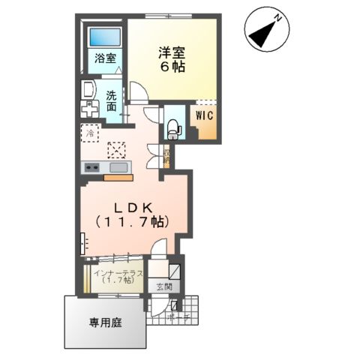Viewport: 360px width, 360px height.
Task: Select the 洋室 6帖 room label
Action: [172, 59]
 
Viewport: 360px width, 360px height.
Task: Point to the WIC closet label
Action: [206, 115]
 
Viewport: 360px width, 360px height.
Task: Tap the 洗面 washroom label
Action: [111, 101]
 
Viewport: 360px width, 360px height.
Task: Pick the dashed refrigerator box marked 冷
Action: [89, 134]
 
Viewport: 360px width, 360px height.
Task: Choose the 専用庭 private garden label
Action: [105, 322]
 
